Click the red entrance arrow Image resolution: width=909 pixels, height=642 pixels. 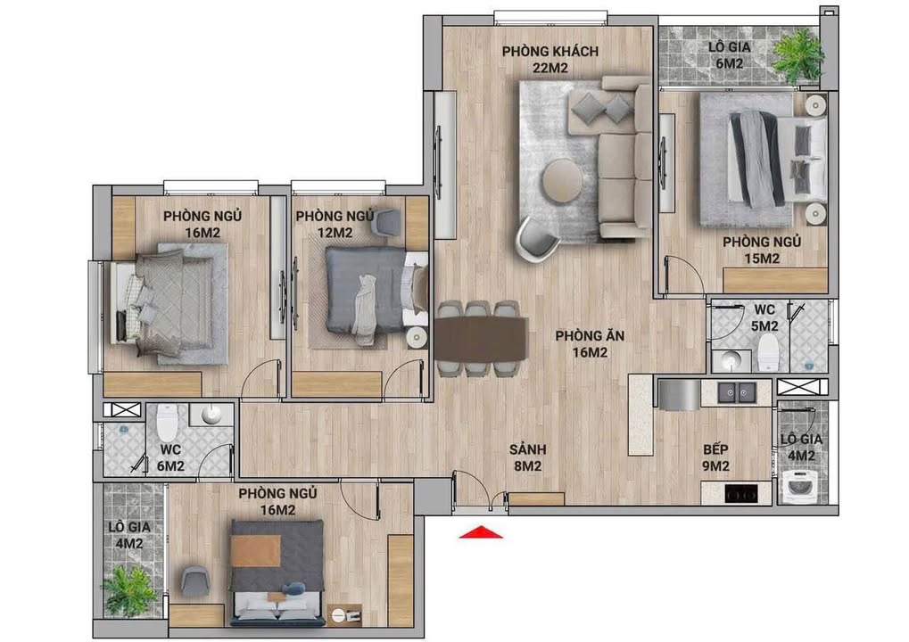pos(481,532)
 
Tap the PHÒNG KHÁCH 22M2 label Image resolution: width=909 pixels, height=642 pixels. pos(550,59)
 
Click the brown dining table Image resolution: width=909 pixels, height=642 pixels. pos(480,340)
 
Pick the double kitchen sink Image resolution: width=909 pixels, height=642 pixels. pos(738,392)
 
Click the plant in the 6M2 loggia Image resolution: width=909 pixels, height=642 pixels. pos(796,56)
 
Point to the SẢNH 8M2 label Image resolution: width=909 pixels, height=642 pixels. pos(527,457)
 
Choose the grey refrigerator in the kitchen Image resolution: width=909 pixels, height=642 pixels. pos(679,393)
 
